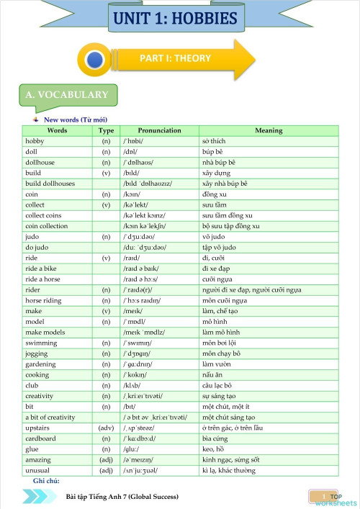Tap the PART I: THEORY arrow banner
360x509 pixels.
[x=175, y=59]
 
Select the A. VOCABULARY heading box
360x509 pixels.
[x=67, y=95]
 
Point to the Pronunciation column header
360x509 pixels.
[x=159, y=130]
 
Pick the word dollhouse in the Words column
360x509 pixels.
[x=41, y=163]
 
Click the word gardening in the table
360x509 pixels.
[x=41, y=364]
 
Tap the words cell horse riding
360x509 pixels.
[x=43, y=299]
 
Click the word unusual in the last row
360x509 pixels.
[x=39, y=470]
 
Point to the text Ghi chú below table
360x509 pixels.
[x=46, y=480]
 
